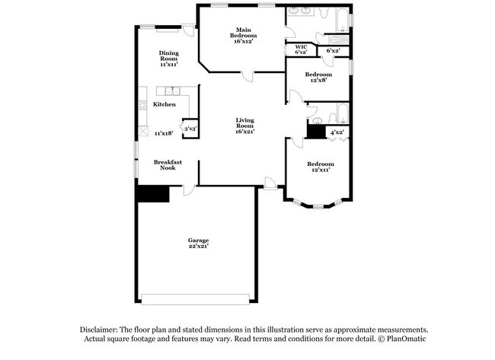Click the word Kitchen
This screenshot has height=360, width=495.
pyautogui.click(x=164, y=104)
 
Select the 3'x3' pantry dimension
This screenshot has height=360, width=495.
pyautogui.click(x=190, y=129)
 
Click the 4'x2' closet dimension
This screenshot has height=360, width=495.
pyautogui.click(x=336, y=132)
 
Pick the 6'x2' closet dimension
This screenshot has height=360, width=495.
pyautogui.click(x=333, y=51)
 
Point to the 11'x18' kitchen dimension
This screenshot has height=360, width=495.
pyautogui.click(x=164, y=133)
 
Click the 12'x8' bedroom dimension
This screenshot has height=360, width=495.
pyautogui.click(x=318, y=80)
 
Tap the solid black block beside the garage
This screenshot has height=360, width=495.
pyautogui.click(x=152, y=194)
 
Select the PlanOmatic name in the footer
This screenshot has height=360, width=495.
pyautogui.click(x=406, y=339)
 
